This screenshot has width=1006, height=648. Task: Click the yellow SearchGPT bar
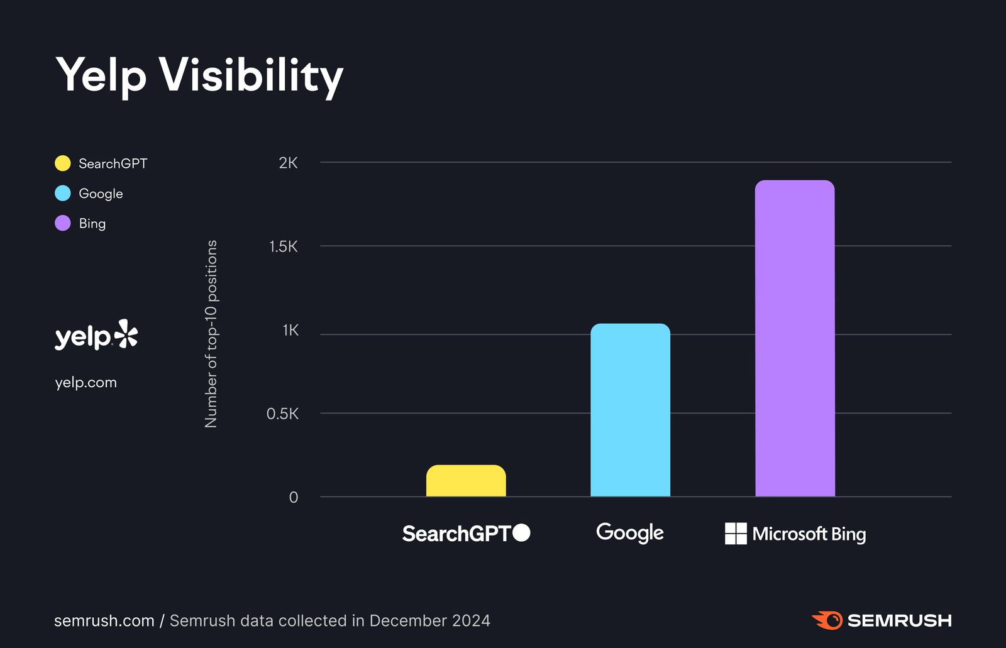pyautogui.click(x=466, y=481)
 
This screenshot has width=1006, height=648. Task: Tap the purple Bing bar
pyautogui.click(x=795, y=339)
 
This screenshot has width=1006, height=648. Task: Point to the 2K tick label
pyautogui.click(x=288, y=163)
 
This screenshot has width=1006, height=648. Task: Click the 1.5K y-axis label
pyautogui.click(x=284, y=247)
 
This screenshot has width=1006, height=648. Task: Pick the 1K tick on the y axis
pyautogui.click(x=290, y=331)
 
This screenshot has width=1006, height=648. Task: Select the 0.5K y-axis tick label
pyautogui.click(x=282, y=414)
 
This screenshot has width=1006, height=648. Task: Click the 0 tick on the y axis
pyautogui.click(x=293, y=498)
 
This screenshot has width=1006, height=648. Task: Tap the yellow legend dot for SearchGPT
pyautogui.click(x=63, y=163)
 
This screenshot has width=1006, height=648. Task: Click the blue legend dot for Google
pyautogui.click(x=63, y=194)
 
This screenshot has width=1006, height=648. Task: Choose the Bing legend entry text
pyautogui.click(x=92, y=224)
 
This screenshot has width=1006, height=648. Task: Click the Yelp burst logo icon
pyautogui.click(x=126, y=334)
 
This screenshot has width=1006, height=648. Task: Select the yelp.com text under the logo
pyautogui.click(x=86, y=383)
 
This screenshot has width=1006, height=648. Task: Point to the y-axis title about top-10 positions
pyautogui.click(x=211, y=334)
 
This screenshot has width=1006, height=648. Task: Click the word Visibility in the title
pyautogui.click(x=251, y=75)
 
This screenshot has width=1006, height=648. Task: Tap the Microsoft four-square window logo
pyautogui.click(x=736, y=534)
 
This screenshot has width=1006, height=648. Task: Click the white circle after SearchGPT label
pyautogui.click(x=521, y=533)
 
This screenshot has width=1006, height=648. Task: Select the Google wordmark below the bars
pyautogui.click(x=629, y=533)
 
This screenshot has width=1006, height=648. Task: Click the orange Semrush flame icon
pyautogui.click(x=828, y=620)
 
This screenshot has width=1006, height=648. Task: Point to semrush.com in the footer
pyautogui.click(x=104, y=621)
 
